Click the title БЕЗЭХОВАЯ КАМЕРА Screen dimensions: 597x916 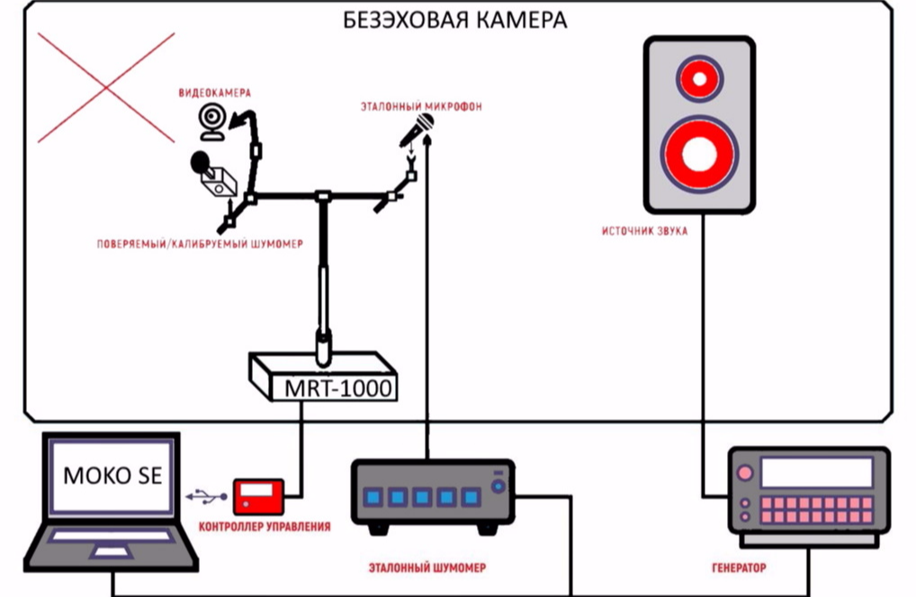455,20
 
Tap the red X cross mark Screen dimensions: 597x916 106,88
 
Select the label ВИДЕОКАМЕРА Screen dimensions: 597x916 214,93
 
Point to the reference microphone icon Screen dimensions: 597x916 418,130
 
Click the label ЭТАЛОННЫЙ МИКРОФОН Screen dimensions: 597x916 420,106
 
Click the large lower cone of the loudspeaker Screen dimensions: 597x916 698,154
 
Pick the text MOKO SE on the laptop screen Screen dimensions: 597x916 112,475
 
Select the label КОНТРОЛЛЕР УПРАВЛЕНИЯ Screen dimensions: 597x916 264,527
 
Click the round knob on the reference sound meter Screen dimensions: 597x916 498,486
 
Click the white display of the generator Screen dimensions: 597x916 817,472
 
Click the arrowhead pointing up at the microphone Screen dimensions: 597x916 428,144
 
